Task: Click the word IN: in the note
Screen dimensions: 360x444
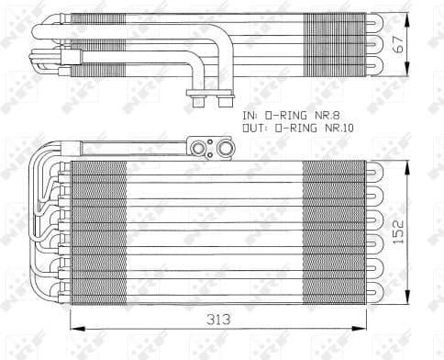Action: tap(250, 116)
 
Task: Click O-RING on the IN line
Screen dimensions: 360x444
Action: tap(286, 116)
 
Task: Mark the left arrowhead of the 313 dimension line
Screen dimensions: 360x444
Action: tap(73, 328)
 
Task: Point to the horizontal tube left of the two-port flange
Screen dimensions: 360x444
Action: tap(133, 145)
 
